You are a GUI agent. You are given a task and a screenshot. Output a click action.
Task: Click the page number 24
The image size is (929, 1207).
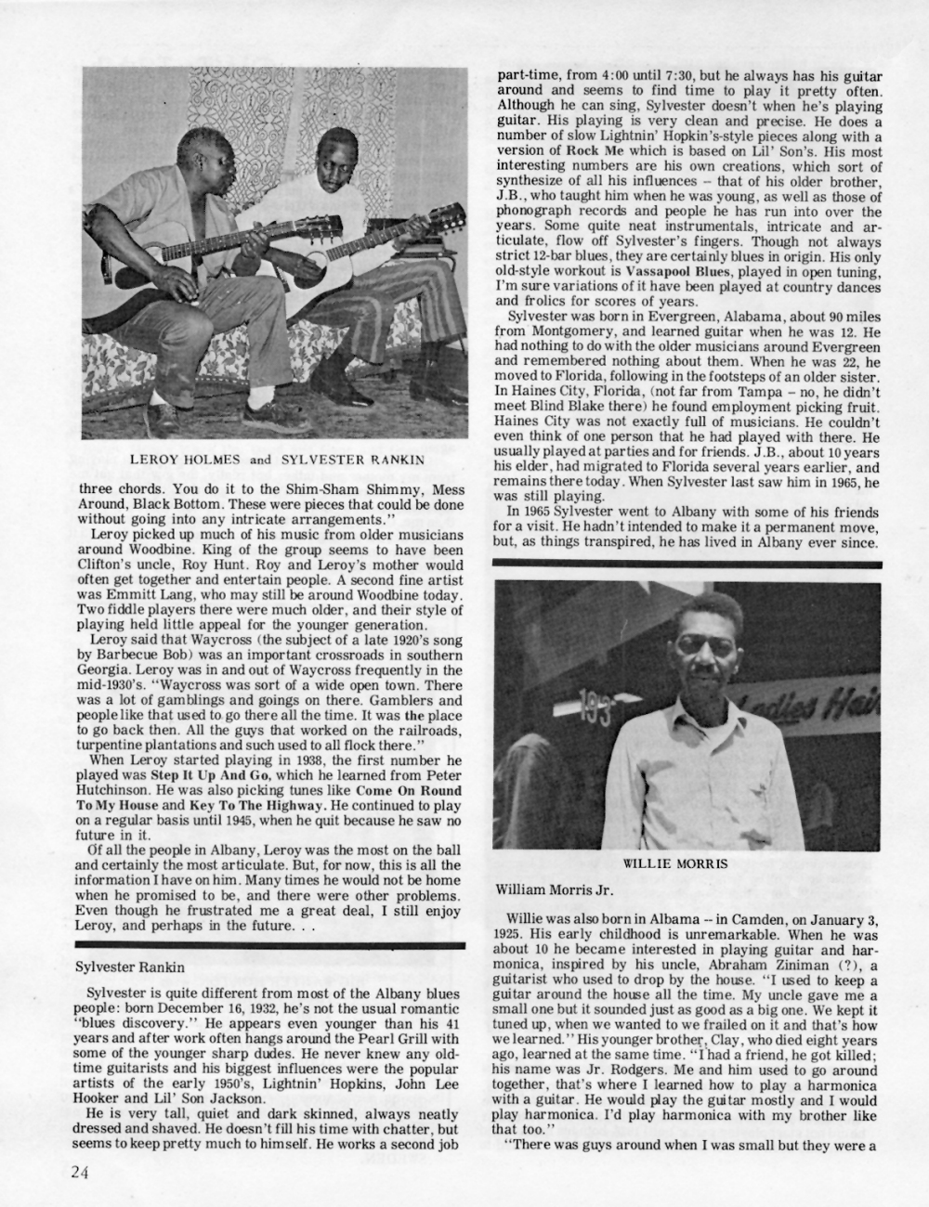click(79, 1171)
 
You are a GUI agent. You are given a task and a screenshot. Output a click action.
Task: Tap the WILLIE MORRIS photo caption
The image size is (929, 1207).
click(674, 863)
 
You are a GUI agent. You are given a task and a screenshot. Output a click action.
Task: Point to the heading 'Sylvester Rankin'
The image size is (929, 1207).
click(130, 966)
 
